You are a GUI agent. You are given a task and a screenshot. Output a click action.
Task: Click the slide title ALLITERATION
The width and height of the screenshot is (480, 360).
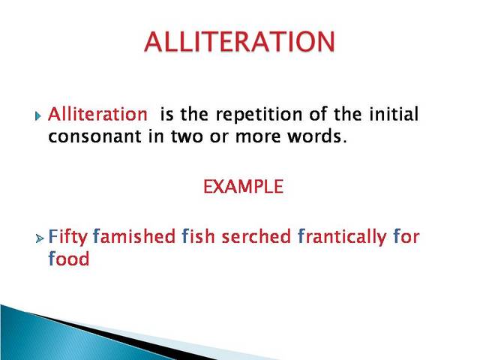coord(239,42)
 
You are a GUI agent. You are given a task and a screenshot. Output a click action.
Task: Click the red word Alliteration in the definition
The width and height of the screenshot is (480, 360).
coord(97,115)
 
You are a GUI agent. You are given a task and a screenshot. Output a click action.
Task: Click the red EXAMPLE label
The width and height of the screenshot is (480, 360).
coord(243,187)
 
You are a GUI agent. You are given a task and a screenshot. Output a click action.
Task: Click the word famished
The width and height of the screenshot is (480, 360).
coord(134,237)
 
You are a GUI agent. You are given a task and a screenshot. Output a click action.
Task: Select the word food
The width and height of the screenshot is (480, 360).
coord(68,259)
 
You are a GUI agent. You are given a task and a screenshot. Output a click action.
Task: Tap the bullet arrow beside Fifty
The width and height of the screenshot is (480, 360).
coord(39,238)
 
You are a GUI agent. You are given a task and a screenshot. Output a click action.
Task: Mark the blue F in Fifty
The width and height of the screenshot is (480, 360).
coord(52,237)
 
